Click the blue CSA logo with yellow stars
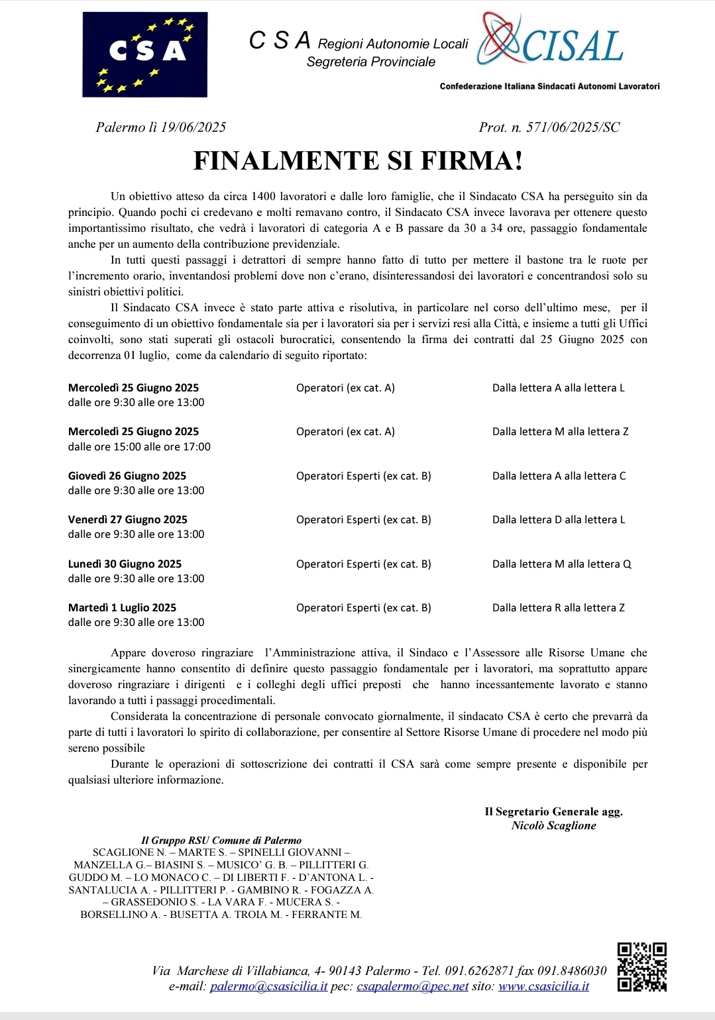[144, 54]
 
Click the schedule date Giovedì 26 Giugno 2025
[127, 476]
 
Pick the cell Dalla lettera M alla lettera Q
[561, 564]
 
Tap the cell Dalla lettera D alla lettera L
[559, 519]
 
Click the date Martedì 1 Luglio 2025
[122, 607]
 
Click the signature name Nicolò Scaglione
[553, 825]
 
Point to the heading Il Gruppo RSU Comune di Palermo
[221, 840]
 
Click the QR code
[641, 967]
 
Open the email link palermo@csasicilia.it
[268, 986]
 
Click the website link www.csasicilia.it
[543, 986]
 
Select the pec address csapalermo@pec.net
[412, 986]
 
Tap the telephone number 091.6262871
[479, 970]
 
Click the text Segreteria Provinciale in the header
[371, 62]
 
